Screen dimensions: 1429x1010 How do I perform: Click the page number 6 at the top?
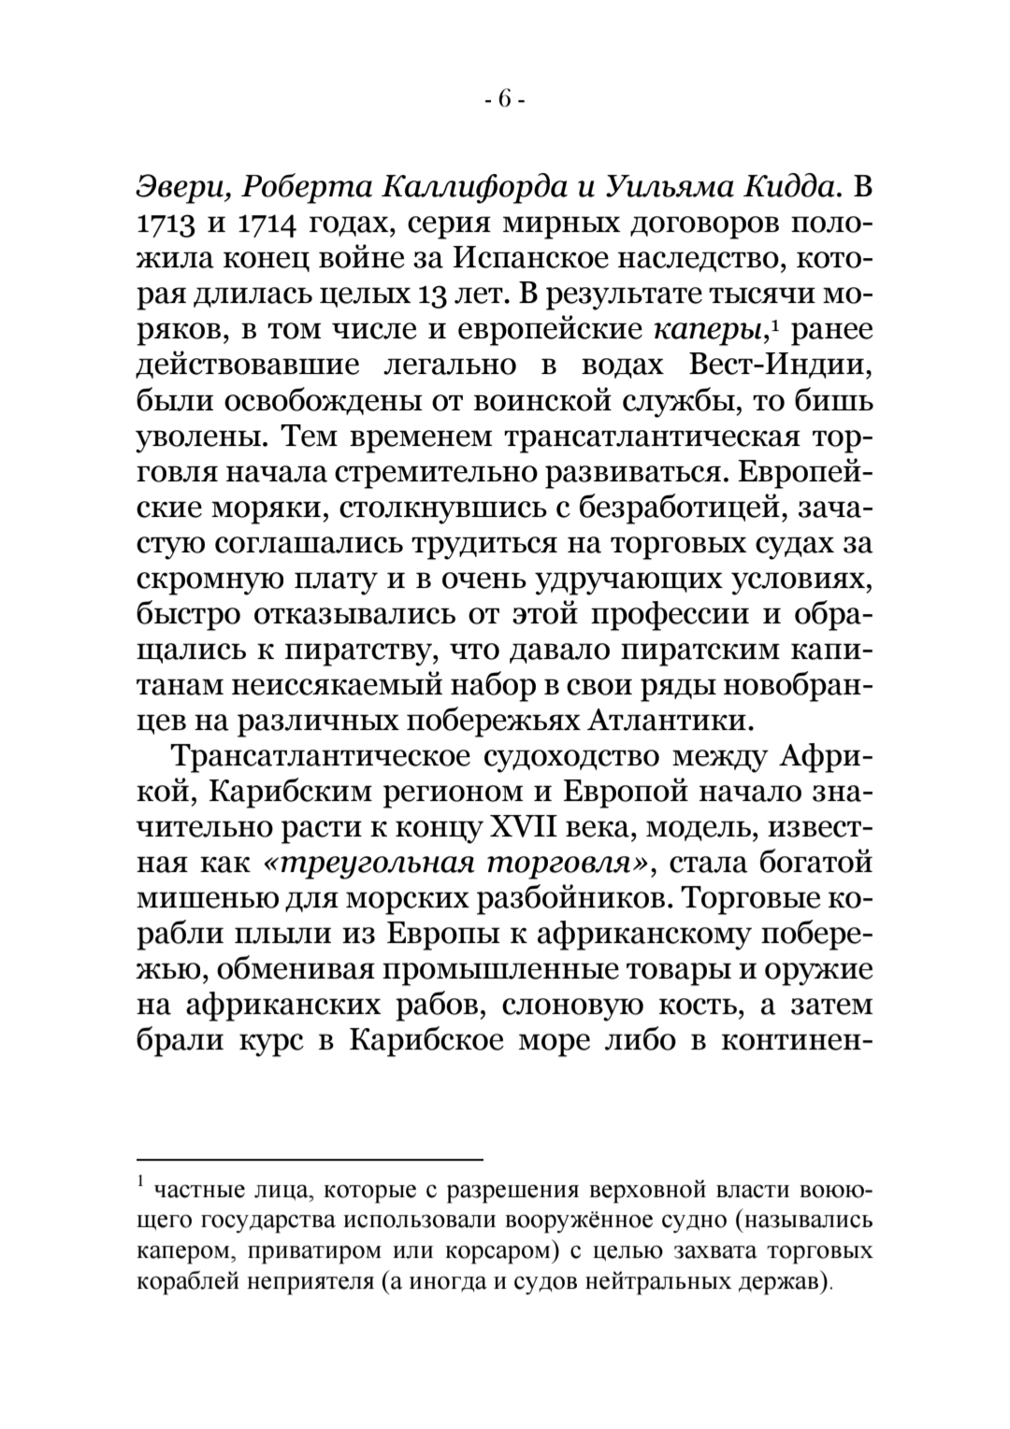(x=505, y=100)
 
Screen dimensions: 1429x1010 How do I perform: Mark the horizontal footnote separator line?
(x=310, y=1160)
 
